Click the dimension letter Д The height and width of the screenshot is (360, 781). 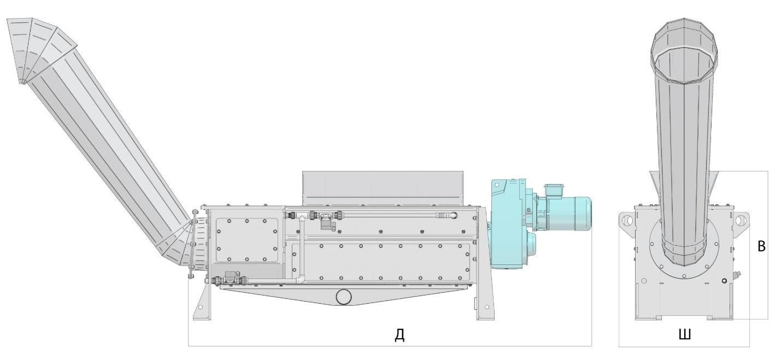coord(400,335)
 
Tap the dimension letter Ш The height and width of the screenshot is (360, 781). coord(685,334)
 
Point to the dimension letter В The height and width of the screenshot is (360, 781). coord(762,246)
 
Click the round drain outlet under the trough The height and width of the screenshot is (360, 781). coord(344,297)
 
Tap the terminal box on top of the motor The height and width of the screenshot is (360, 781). coord(553,190)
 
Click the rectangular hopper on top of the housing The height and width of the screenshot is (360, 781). coord(383,188)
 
